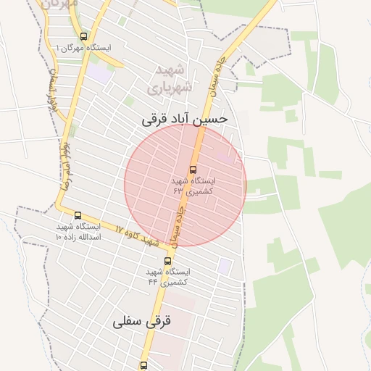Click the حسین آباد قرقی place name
click(x=185, y=118)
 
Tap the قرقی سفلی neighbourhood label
click(x=142, y=322)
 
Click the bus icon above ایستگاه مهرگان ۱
click(x=83, y=36)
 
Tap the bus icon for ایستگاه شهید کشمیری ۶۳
click(x=192, y=170)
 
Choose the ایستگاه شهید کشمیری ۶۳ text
click(x=192, y=185)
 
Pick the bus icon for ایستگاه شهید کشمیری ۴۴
click(x=168, y=261)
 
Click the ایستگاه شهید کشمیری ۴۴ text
click(x=167, y=276)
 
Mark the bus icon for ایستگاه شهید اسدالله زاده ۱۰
click(x=78, y=215)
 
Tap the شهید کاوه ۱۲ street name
click(x=136, y=235)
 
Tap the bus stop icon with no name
click(x=143, y=364)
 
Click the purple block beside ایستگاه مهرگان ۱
click(x=101, y=73)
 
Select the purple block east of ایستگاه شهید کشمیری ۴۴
click(x=225, y=267)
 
